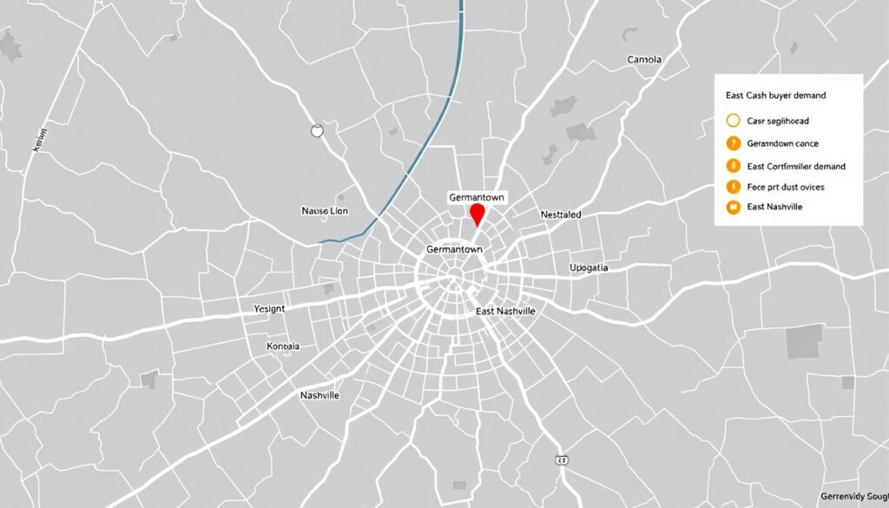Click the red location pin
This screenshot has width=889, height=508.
pyautogui.click(x=477, y=214)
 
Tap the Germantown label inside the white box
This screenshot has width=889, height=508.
pyautogui.click(x=476, y=198)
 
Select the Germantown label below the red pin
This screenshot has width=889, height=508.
pyautogui.click(x=454, y=249)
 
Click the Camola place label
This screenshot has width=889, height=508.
pyautogui.click(x=643, y=60)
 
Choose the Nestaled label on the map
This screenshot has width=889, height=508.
pyautogui.click(x=561, y=214)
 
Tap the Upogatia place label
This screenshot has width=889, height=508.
pyautogui.click(x=589, y=267)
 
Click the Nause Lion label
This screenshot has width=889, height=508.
pyautogui.click(x=324, y=210)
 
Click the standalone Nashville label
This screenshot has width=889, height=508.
pyautogui.click(x=319, y=395)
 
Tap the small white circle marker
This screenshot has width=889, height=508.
pyautogui.click(x=316, y=131)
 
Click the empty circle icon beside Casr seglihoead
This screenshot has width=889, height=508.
pyautogui.click(x=731, y=122)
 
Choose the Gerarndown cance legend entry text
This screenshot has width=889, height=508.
pyautogui.click(x=783, y=143)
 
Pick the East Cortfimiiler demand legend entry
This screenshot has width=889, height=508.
pyautogui.click(x=795, y=165)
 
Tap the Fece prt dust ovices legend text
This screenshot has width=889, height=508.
pyautogui.click(x=786, y=187)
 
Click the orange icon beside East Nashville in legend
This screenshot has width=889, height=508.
pyautogui.click(x=731, y=207)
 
